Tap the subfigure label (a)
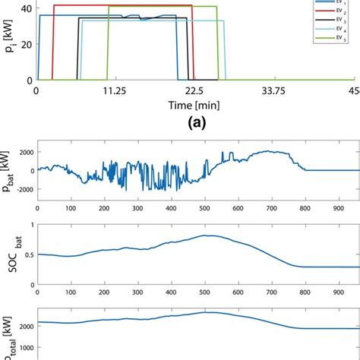(x=192, y=120)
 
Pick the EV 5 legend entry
(x=337, y=37)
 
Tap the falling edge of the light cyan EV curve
(x=225, y=49)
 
